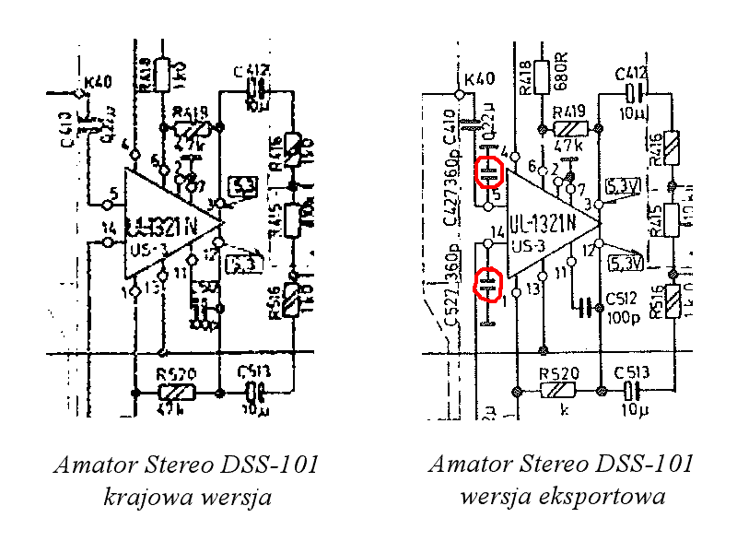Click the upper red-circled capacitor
488,172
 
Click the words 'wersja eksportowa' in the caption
561,498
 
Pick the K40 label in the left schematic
97,82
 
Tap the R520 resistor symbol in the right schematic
561,390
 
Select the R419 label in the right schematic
571,112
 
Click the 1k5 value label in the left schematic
184,72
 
